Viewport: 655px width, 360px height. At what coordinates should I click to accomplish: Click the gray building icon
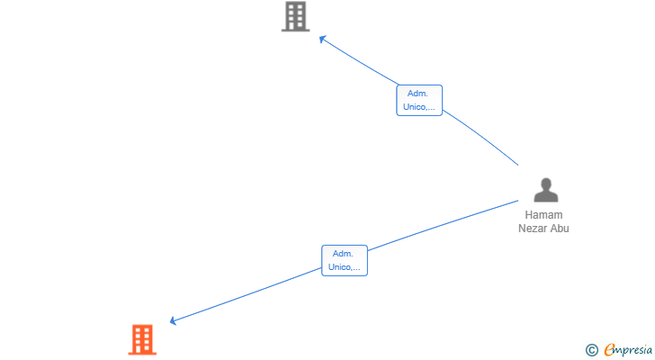click(x=295, y=17)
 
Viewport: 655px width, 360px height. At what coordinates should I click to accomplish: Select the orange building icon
click(x=142, y=339)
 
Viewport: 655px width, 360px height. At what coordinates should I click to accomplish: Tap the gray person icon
click(x=545, y=190)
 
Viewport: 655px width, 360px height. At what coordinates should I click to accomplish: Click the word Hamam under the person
click(x=543, y=216)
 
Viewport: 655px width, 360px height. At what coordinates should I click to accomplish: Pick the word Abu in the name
click(x=561, y=229)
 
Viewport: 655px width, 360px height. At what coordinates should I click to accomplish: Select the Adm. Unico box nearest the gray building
click(x=419, y=100)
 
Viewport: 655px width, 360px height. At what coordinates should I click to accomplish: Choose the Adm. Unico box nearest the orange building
click(x=345, y=260)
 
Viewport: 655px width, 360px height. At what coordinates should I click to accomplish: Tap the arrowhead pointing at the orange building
click(x=173, y=320)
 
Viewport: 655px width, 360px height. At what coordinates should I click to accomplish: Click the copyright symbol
click(x=591, y=350)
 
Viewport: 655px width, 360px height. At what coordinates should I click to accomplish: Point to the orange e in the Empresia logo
click(x=609, y=350)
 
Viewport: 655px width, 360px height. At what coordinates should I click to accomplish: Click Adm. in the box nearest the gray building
click(x=417, y=94)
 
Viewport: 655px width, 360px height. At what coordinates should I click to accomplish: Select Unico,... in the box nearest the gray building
click(x=419, y=107)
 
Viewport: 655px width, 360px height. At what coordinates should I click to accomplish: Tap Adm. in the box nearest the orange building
click(x=343, y=254)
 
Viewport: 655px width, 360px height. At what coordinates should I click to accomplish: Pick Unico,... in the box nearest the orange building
click(x=345, y=267)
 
